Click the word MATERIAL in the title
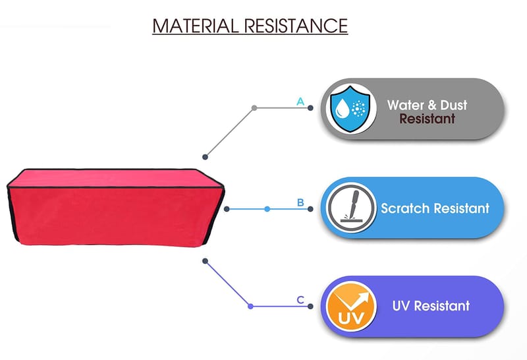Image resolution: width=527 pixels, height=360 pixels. (x=196, y=26)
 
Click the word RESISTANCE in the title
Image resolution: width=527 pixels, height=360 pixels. (x=296, y=26)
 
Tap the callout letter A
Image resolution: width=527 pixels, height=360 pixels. (x=300, y=102)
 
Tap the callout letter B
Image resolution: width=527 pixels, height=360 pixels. (x=300, y=202)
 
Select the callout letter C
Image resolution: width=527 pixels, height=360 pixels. (x=300, y=300)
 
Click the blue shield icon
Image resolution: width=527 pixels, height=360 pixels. (x=350, y=109)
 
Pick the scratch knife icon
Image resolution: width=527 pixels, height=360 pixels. (x=351, y=208)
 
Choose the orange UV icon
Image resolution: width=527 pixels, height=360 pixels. (x=351, y=306)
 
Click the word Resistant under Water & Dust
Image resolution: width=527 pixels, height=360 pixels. (x=427, y=119)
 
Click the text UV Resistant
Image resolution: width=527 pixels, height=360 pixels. (x=431, y=306)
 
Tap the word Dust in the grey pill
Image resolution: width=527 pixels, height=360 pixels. (x=454, y=105)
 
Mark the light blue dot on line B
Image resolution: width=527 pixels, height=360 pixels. (x=267, y=209)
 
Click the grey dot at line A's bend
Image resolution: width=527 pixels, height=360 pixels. (x=254, y=108)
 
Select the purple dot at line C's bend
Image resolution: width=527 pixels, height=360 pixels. (x=250, y=306)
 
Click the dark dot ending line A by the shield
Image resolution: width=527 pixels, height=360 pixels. (x=310, y=108)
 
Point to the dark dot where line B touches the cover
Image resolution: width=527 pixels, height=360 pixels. (x=227, y=209)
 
